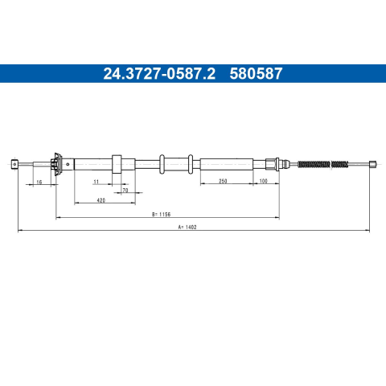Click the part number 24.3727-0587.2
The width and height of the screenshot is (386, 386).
159,73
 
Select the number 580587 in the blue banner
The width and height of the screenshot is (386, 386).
256,73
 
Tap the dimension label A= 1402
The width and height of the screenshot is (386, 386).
187,227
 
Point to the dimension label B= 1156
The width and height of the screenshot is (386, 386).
161,214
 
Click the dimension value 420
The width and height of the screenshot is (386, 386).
101,200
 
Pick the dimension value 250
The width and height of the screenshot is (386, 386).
223,181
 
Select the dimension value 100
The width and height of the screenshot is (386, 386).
264,181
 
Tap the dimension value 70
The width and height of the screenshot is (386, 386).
125,191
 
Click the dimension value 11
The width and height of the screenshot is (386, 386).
96,182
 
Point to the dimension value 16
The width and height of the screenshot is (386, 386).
39,182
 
